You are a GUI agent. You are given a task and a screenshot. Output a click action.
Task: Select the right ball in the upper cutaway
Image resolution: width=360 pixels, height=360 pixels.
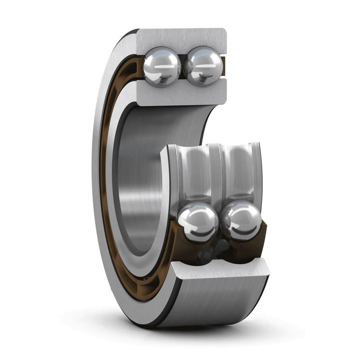tap(205, 67)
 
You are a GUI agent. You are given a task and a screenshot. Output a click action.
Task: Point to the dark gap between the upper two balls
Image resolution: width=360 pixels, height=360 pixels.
tap(184, 67)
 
